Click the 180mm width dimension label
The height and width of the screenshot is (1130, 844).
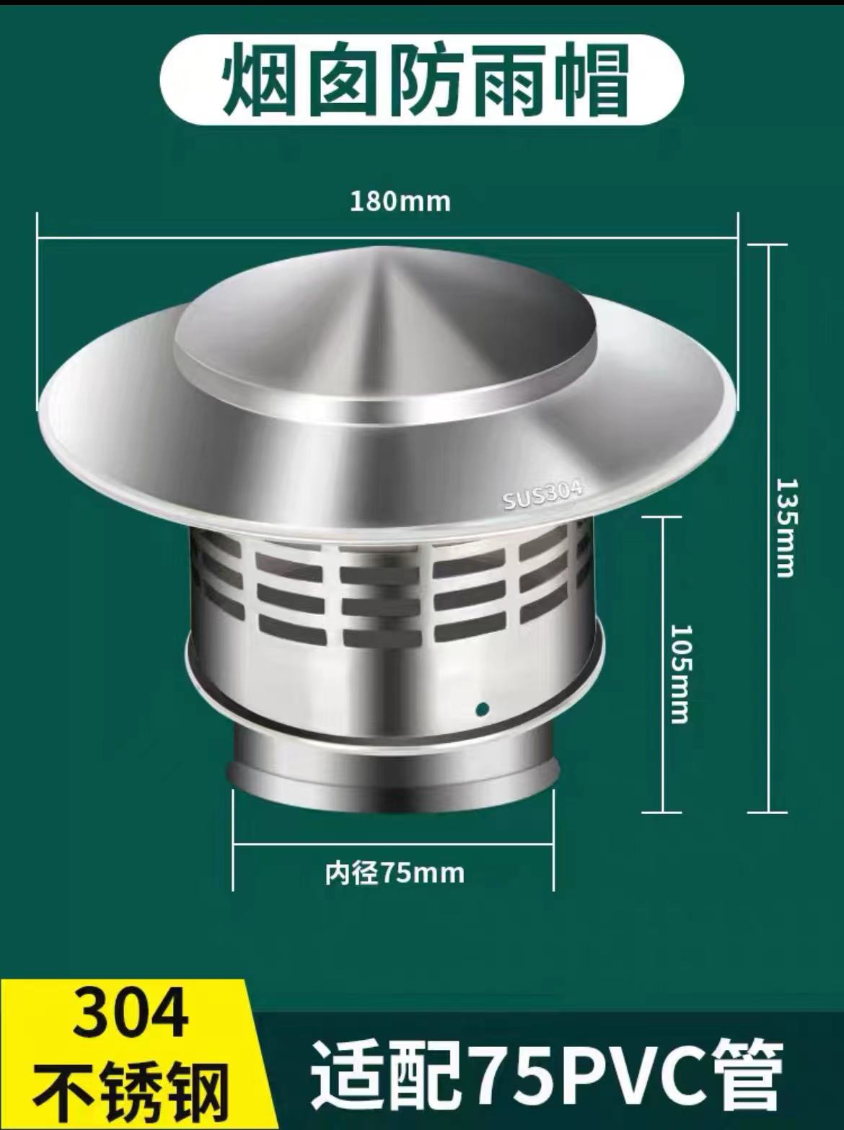(x=400, y=201)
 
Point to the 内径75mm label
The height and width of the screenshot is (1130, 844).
(x=394, y=873)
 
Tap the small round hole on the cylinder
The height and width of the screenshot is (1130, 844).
(x=483, y=707)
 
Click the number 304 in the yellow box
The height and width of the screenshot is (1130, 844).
(x=131, y=1015)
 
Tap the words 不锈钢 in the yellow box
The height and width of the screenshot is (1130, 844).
(x=131, y=1089)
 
